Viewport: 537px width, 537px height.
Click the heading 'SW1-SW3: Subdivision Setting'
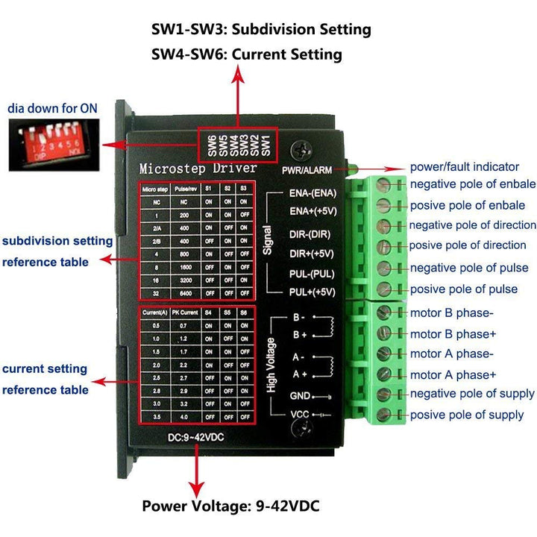(x=261, y=30)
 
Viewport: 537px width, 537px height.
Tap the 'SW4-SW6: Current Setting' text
(x=247, y=54)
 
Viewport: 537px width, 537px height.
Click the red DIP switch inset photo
(x=53, y=144)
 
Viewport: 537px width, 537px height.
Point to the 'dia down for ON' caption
(x=53, y=108)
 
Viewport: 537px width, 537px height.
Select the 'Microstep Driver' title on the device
(x=198, y=168)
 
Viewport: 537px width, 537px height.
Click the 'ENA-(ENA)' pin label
(x=313, y=192)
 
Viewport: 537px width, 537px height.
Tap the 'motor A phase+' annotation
(x=453, y=374)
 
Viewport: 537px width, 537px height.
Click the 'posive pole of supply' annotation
(x=467, y=415)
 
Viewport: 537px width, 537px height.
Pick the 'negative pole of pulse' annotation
(x=469, y=268)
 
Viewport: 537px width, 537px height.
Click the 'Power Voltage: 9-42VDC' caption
(x=230, y=506)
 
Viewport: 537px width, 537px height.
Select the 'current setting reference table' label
(x=45, y=379)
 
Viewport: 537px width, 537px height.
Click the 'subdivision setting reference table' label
(x=57, y=251)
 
